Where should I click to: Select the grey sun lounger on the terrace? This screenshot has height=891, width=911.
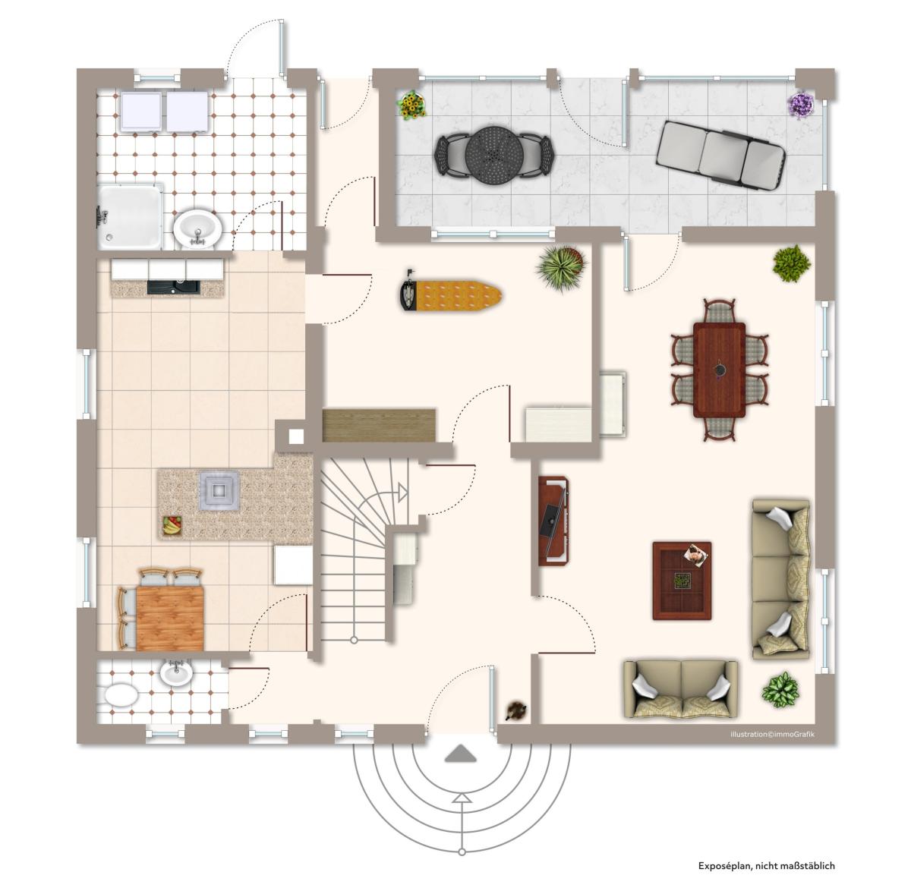click(x=720, y=155)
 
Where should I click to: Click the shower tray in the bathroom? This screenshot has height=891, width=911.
click(x=130, y=216)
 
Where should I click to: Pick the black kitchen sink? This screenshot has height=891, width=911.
click(x=173, y=287)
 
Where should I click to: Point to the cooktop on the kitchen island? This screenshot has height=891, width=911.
click(x=219, y=490)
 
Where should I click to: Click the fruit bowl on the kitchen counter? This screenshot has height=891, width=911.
click(x=173, y=524)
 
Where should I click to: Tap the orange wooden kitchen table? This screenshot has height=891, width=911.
click(x=169, y=618)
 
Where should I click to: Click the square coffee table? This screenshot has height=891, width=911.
click(x=682, y=581)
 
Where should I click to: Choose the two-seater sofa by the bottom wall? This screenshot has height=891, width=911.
click(x=681, y=689)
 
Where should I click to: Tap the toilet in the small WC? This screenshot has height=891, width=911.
click(x=121, y=694)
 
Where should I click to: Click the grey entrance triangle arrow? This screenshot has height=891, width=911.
click(x=460, y=754)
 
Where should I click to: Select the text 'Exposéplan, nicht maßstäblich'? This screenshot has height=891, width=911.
click(x=766, y=866)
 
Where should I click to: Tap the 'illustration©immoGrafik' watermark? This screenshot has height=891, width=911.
click(x=772, y=734)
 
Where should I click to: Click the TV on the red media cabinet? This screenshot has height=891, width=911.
click(x=549, y=521)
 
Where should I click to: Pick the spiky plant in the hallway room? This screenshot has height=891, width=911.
click(x=562, y=269)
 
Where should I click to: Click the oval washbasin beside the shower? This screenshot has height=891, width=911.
click(x=197, y=228)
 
